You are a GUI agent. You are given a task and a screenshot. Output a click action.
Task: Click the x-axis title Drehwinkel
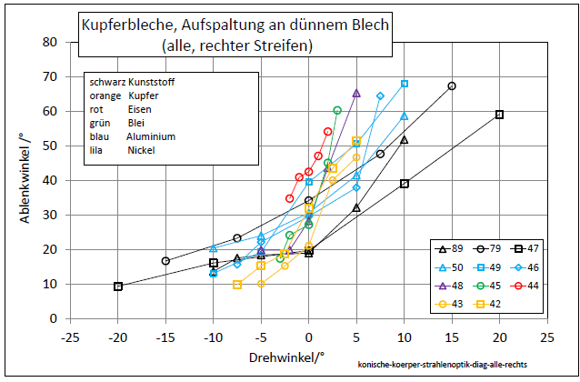[286, 357]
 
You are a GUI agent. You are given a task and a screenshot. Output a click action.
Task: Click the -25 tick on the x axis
[71, 336]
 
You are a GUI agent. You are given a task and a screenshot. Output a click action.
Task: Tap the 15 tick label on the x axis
[452, 336]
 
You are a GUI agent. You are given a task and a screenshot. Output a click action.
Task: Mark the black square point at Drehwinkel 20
[499, 115]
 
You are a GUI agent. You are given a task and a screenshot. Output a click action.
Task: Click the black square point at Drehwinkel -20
[118, 286]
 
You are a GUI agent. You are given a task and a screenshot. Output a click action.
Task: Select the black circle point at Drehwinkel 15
[452, 86]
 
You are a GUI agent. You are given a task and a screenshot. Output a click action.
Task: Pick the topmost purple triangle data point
[356, 93]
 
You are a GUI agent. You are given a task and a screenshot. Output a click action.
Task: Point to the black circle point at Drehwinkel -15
[165, 261]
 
